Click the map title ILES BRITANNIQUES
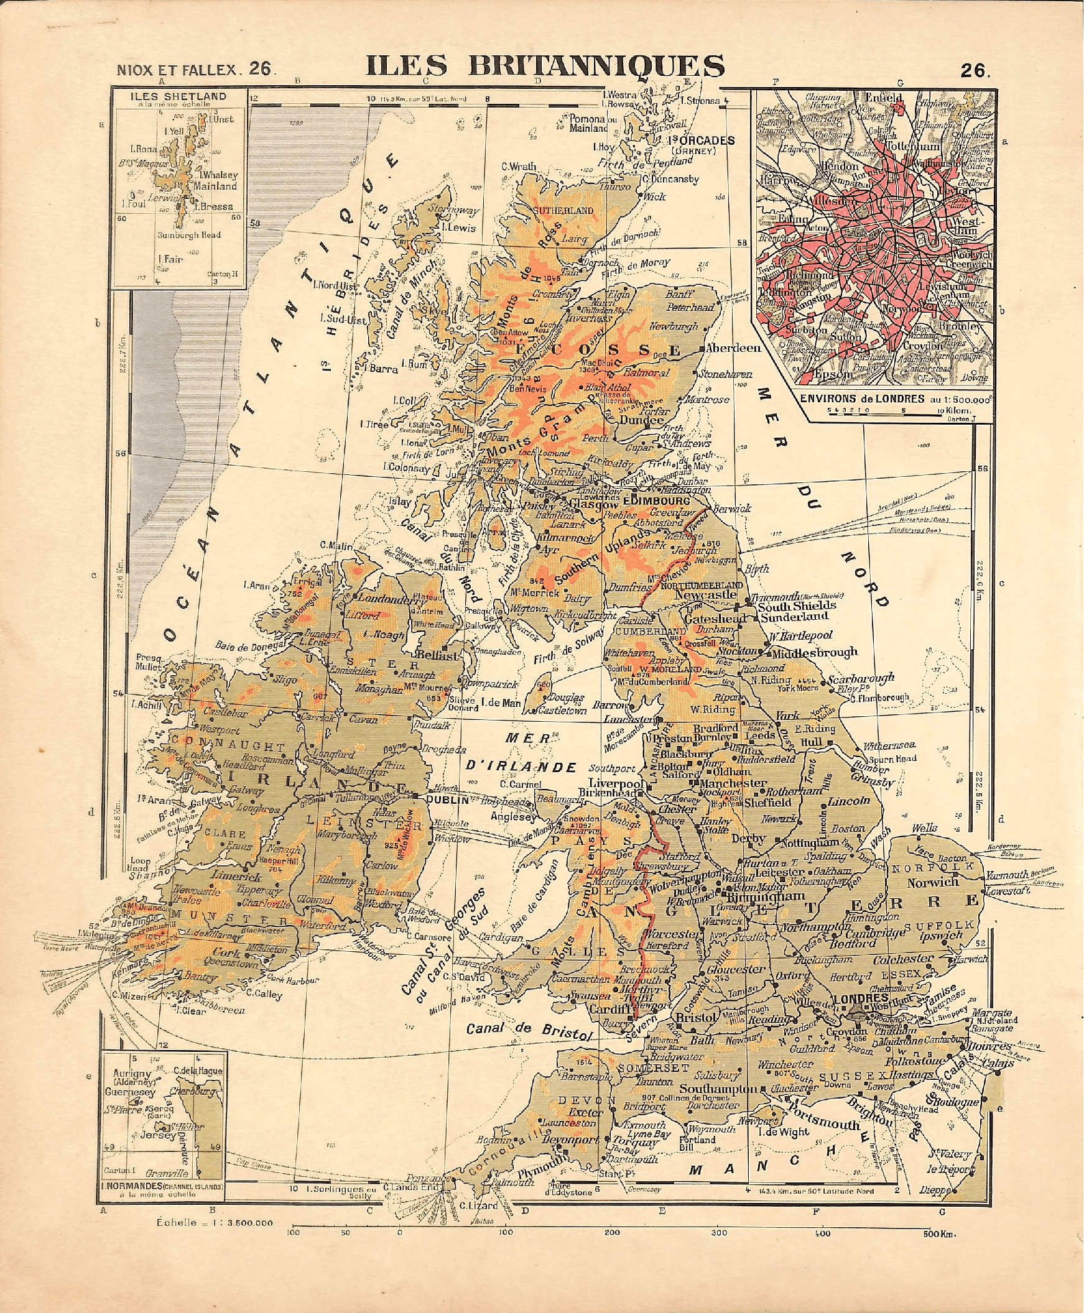click(x=545, y=66)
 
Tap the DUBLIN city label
click(x=447, y=798)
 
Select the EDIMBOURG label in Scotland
click(x=647, y=500)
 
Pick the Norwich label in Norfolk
click(x=932, y=882)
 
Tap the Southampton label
click(x=718, y=1089)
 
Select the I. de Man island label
click(x=501, y=703)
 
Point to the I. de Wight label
click(x=782, y=1131)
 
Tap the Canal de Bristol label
click(x=528, y=1030)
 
